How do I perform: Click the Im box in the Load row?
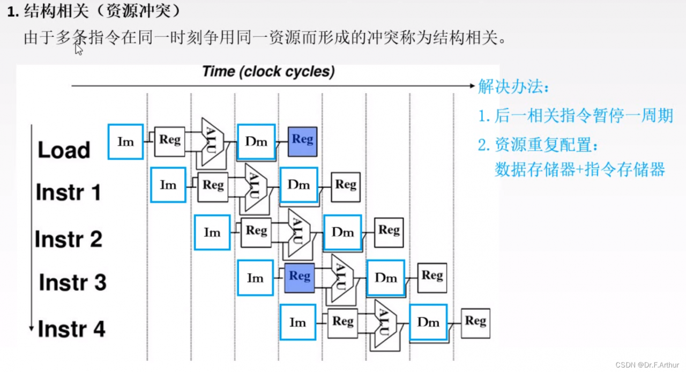(125, 142)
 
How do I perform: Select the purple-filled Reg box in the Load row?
(303, 142)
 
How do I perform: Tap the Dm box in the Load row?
(256, 142)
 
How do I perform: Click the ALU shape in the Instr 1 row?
(256, 187)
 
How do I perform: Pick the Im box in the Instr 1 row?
(168, 185)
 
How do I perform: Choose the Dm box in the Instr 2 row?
(342, 232)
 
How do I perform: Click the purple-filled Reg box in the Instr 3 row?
(300, 278)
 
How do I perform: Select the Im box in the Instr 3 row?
(255, 278)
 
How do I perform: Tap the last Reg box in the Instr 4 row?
(475, 323)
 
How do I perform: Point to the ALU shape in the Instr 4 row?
(385, 324)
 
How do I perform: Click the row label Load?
(64, 150)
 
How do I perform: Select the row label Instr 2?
(68, 239)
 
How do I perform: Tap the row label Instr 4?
(71, 329)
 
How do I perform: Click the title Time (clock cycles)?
(269, 72)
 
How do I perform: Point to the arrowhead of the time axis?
(472, 86)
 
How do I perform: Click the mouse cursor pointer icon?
(78, 49)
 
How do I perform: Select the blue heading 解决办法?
(513, 87)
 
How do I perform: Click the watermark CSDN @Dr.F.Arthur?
(647, 365)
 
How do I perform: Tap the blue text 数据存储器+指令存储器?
(580, 169)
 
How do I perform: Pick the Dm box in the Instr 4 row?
(428, 322)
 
